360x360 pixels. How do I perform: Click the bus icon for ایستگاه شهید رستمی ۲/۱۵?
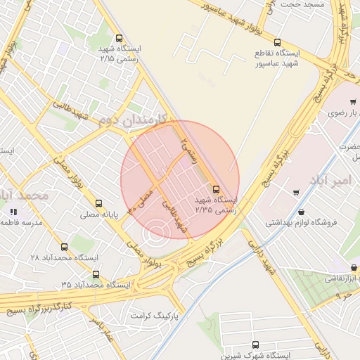(118, 39)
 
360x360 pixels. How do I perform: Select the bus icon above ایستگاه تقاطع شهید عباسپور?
(277, 43)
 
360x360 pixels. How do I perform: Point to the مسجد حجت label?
(304, 4)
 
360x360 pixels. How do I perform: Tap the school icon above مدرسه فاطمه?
(12, 212)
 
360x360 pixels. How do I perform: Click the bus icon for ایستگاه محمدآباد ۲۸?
(65, 247)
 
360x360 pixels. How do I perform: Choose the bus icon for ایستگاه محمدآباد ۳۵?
(96, 274)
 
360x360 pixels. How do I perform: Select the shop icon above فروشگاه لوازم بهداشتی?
(302, 212)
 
